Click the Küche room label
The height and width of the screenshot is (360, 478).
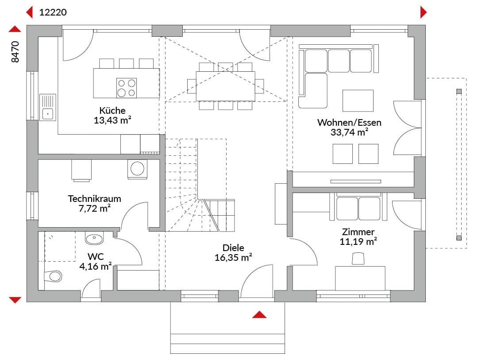(x=112, y=110)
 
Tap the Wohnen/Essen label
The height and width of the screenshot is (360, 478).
(x=349, y=122)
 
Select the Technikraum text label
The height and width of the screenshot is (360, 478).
(x=95, y=199)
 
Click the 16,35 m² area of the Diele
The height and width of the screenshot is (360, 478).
(x=233, y=258)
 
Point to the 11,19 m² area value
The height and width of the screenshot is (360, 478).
(x=358, y=241)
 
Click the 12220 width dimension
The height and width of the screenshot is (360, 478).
(x=53, y=12)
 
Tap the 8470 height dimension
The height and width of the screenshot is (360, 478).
(x=15, y=52)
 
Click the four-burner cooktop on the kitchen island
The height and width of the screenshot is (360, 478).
(x=127, y=88)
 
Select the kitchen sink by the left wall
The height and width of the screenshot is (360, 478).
(x=47, y=108)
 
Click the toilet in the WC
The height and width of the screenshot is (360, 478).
(x=53, y=276)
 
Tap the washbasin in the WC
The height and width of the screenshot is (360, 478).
(x=94, y=238)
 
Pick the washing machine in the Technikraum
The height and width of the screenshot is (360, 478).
(x=137, y=169)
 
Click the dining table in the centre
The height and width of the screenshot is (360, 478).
(x=225, y=86)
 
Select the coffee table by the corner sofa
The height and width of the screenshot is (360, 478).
(x=358, y=101)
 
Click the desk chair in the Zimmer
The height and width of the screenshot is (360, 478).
(x=358, y=259)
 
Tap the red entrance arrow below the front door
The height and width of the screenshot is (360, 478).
(x=259, y=314)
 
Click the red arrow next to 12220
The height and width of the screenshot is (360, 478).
(x=29, y=12)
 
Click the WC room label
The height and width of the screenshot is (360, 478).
(x=96, y=256)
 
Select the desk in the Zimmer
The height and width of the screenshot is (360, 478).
(x=360, y=278)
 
